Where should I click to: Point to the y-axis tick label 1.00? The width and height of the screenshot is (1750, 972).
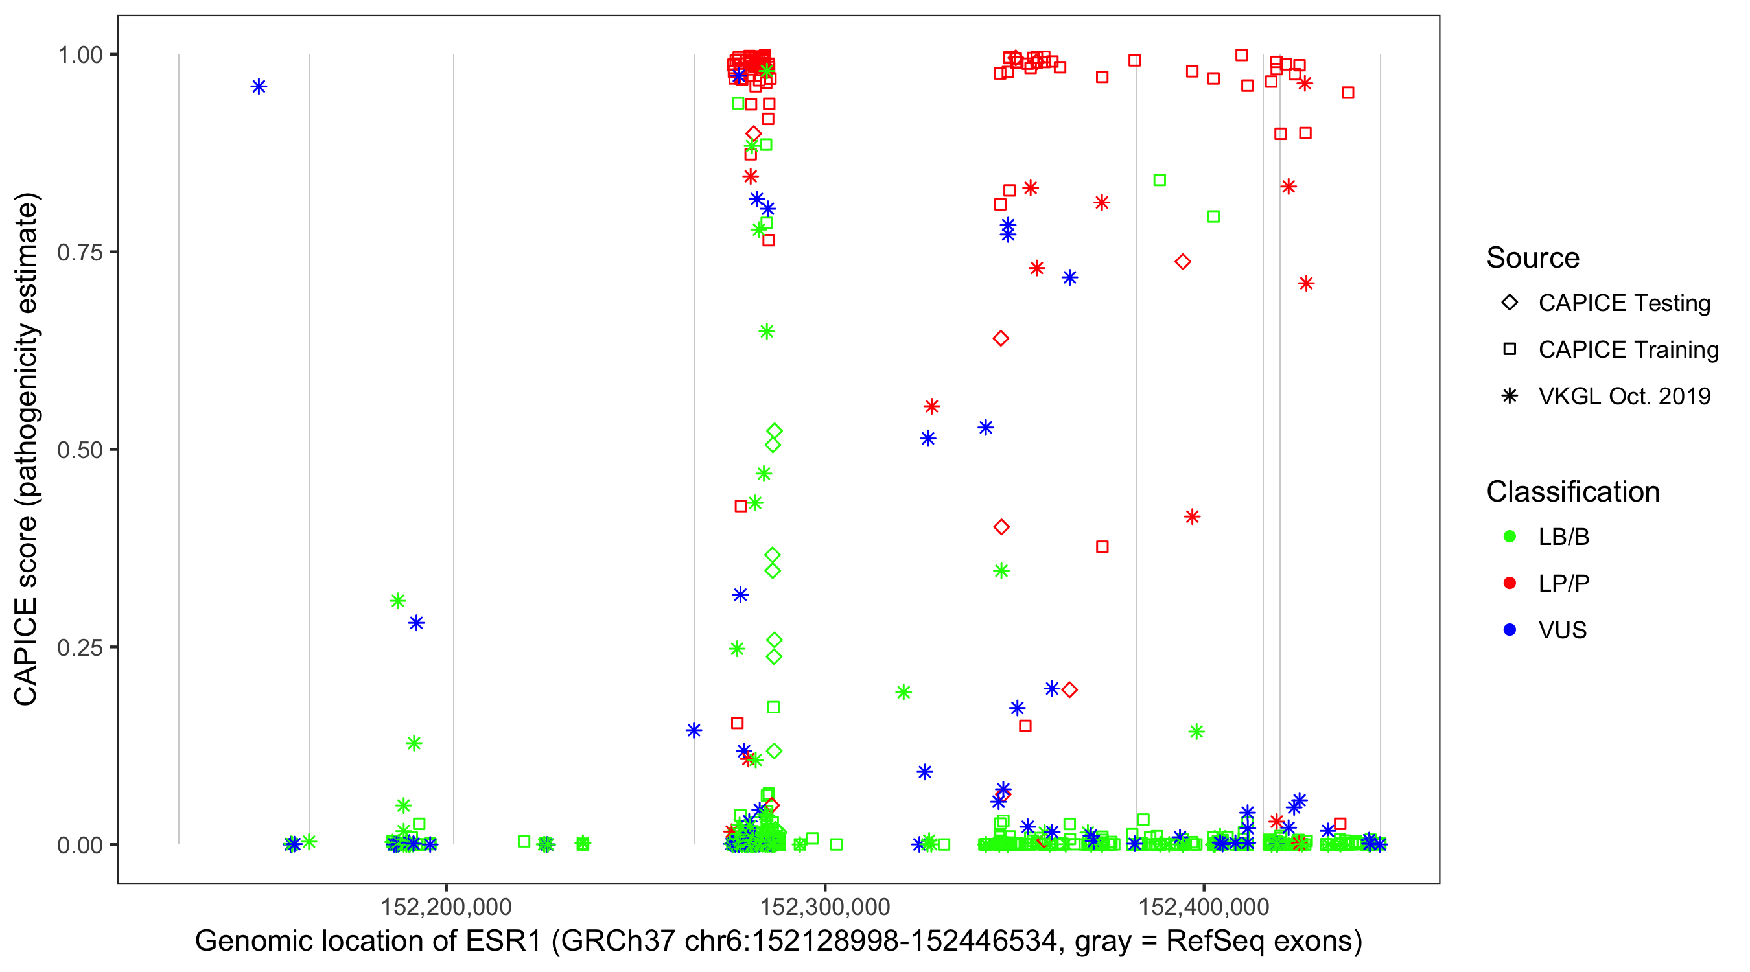tap(80, 55)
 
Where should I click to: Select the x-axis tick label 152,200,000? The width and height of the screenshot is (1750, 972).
tap(446, 907)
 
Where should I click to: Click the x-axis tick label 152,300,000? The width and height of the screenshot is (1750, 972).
tap(824, 907)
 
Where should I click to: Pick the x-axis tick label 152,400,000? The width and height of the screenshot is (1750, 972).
tap(1204, 907)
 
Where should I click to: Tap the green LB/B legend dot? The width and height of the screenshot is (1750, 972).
tap(1510, 537)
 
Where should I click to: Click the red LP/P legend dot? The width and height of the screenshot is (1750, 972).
tap(1510, 583)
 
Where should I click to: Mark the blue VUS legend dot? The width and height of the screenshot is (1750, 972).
tap(1510, 631)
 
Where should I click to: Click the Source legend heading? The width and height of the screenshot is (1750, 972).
tap(1533, 258)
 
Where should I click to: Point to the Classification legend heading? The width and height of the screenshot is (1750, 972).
tap(1572, 492)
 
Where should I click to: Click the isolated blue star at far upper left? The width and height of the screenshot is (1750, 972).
tap(259, 87)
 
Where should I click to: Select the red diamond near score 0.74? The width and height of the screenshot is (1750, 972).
tap(1183, 262)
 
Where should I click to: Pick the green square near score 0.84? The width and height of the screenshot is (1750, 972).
tap(1160, 180)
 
